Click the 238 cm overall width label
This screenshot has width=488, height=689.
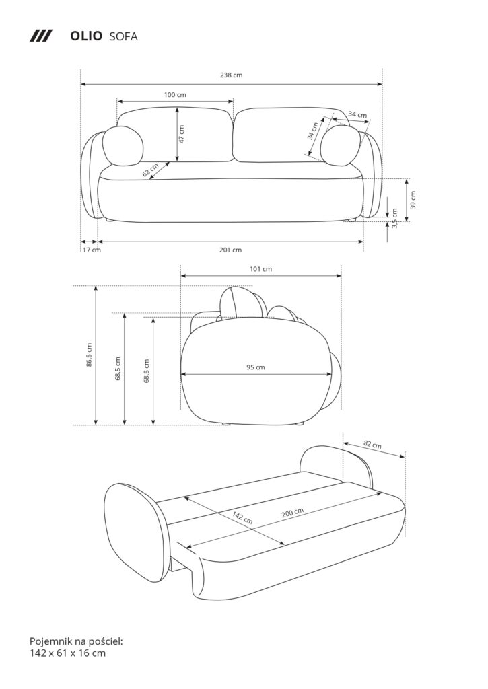coord(231,75)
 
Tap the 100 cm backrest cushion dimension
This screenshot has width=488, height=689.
coord(175,95)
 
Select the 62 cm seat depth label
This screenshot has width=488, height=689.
coord(151,170)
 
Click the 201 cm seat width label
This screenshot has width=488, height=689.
coord(230,250)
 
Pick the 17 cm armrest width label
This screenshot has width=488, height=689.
coord(92,250)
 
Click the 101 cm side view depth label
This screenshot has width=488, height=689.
coord(260,269)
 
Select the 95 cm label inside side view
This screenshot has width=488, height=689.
coord(255,367)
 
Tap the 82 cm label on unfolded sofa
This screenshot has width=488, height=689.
coord(372,445)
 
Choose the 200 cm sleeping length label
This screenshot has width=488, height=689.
coord(292,511)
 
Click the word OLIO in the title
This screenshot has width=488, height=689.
coord(86,36)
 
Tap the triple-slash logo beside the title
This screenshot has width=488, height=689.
coord(41,36)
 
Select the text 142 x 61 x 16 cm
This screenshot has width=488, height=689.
coord(67,652)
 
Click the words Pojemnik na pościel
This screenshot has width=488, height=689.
coord(76,640)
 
